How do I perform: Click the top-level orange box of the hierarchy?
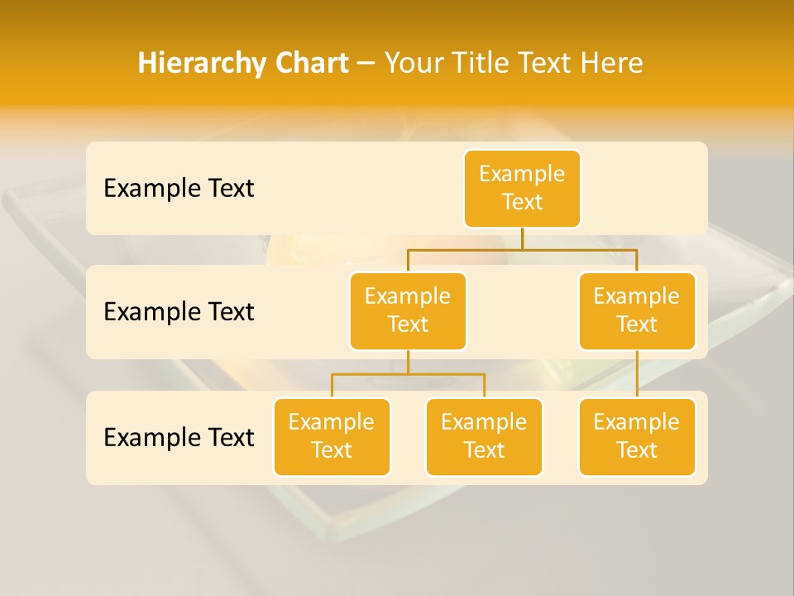click(x=522, y=188)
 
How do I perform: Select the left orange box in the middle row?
click(x=408, y=310)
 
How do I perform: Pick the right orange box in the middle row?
click(x=637, y=310)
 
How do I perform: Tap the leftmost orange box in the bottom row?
click(x=332, y=436)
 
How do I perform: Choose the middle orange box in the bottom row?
click(x=484, y=436)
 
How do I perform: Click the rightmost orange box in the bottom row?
click(x=637, y=436)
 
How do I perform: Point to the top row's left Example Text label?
click(x=179, y=188)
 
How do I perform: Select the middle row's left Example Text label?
click(x=179, y=311)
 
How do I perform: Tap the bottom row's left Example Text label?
click(x=179, y=437)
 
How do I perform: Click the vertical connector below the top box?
click(x=522, y=238)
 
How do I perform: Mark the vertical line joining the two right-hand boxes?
click(x=637, y=374)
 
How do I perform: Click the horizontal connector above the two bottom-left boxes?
click(x=408, y=374)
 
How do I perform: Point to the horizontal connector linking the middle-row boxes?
click(x=522, y=248)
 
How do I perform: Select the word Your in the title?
click(x=411, y=63)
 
